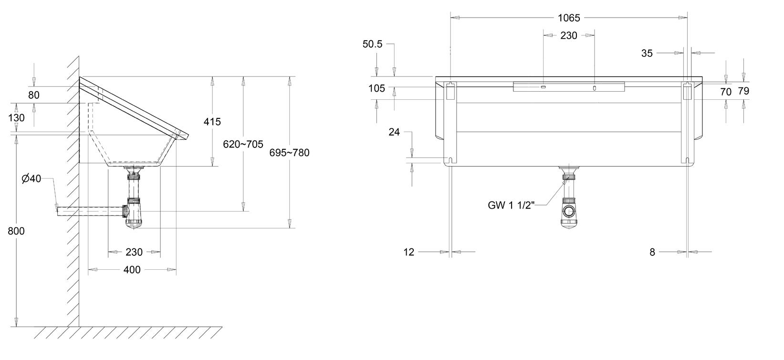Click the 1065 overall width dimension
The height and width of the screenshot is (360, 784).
[569, 18]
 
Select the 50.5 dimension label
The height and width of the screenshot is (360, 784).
[372, 44]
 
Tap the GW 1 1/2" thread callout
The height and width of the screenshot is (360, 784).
[511, 205]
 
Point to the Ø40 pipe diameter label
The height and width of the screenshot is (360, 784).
[31, 179]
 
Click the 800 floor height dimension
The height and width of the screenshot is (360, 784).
[16, 231]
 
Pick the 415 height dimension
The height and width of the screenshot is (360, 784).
[212, 122]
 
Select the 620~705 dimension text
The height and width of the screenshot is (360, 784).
[243, 144]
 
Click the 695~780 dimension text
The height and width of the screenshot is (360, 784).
[290, 153]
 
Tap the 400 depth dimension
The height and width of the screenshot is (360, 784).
[132, 270]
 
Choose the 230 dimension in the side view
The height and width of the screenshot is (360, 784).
[134, 252]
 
